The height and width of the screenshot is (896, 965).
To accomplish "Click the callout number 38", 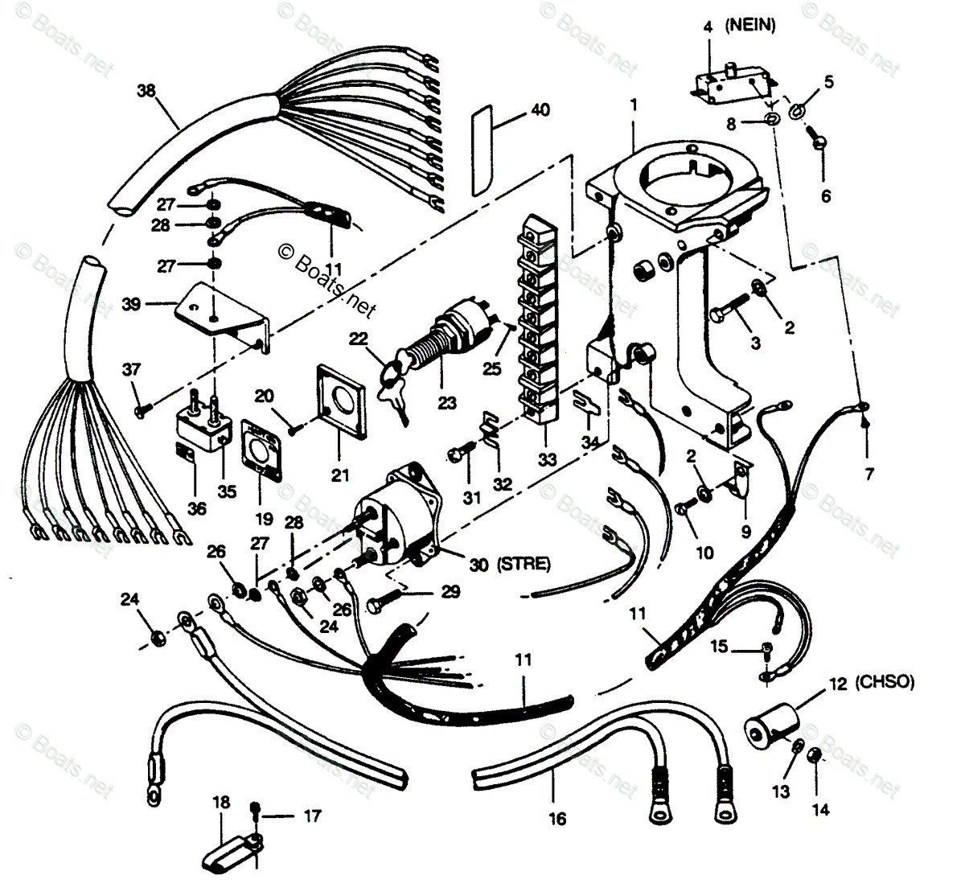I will pyautogui.click(x=146, y=92).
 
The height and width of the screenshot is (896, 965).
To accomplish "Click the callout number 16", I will pyautogui.click(x=557, y=819).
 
